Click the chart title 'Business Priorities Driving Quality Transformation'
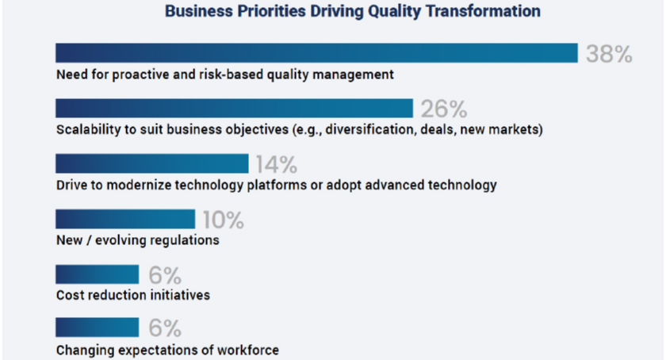pos(353,11)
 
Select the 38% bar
pos(316,53)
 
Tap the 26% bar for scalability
pos(234,109)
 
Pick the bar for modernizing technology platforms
pos(152,163)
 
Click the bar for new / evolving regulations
pos(125,219)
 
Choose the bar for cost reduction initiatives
pos(98,274)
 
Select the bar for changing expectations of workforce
pos(98,327)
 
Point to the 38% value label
pos(609,54)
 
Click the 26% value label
pos(444,109)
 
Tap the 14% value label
pos(277,164)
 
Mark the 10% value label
pos(224,220)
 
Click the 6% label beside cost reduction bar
pos(165,275)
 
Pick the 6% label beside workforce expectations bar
pos(165,328)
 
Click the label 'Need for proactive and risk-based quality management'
pos(225,75)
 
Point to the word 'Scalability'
pos(88,129)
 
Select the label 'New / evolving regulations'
pos(138,240)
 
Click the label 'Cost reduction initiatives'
pos(133,295)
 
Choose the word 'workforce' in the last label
pos(248,350)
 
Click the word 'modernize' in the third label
pos(139,185)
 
